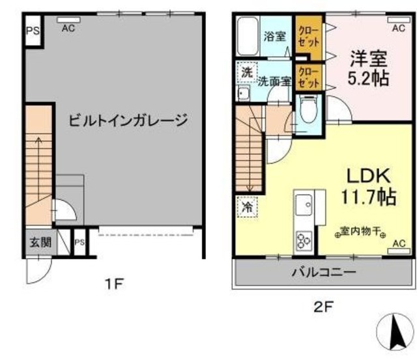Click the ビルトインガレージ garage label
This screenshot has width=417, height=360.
coord(128,120)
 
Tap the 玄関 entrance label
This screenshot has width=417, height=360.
coord(38,242)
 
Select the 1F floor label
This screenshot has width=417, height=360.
coord(115,284)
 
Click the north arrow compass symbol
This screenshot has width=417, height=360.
coord(395,332)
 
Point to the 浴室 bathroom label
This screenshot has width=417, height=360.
coord(274,36)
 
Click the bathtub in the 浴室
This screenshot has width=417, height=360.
coord(247,38)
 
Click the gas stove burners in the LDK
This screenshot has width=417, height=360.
coord(304,241)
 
